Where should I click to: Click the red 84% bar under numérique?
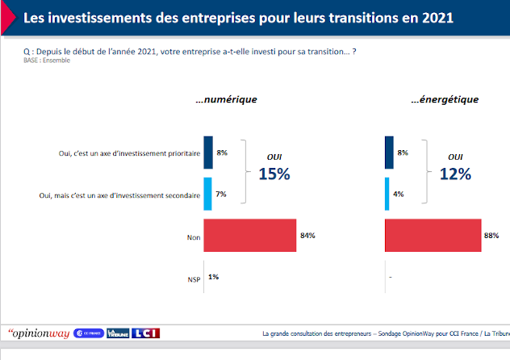pos(250,236)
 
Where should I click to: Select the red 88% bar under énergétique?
pos(433,236)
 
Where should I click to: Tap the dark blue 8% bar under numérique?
pos(208,153)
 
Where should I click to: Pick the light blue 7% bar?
pos(207,194)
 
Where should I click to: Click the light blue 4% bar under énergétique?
pos(388,194)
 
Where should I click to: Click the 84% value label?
pos(307,236)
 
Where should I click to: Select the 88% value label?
pos(491,236)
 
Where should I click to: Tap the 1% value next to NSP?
pos(213,277)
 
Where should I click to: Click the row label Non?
pos(193,237)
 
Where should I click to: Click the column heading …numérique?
pos(226,100)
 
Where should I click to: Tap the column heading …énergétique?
pos(444,100)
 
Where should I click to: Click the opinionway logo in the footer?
pos(37,333)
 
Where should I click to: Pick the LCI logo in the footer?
pos(146,333)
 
